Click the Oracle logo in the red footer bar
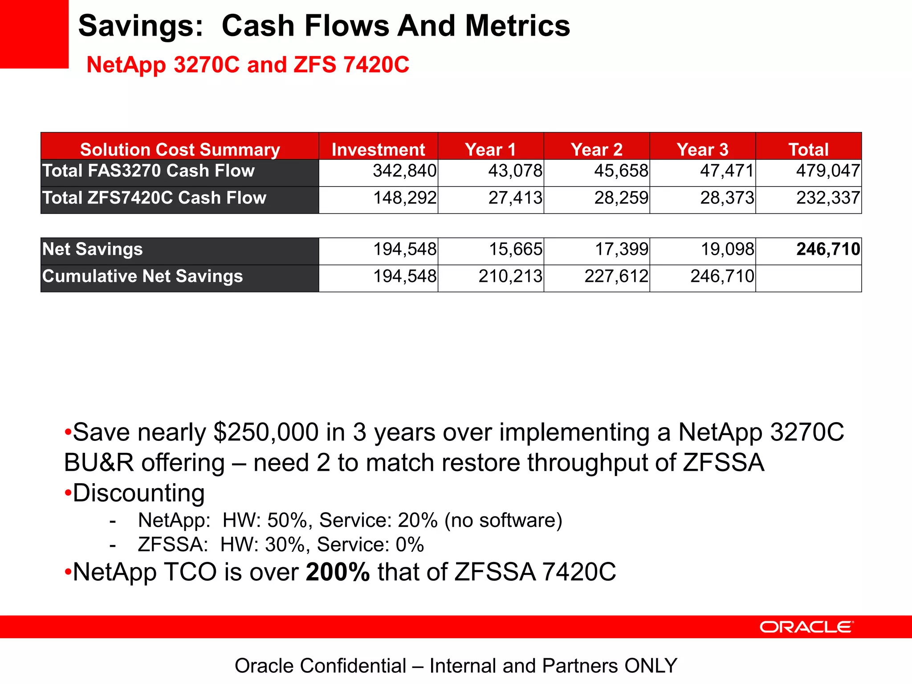806,627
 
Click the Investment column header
378,149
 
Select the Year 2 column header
596,149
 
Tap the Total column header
808,149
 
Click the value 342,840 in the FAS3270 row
404,171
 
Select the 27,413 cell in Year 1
515,198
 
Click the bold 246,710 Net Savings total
828,249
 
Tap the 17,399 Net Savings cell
622,249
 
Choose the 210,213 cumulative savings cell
510,277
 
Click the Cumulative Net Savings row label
142,277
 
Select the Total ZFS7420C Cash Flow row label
154,198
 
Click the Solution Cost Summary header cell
180,149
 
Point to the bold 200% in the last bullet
338,572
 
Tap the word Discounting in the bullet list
138,493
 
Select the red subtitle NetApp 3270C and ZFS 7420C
248,65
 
